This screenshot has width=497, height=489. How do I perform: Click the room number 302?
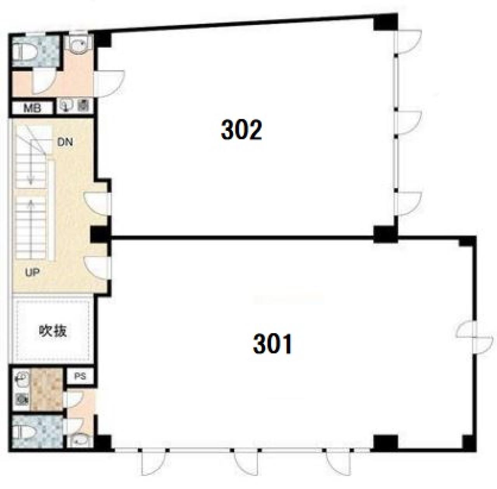pyautogui.click(x=241, y=130)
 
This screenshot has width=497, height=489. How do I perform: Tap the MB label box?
pyautogui.click(x=32, y=108)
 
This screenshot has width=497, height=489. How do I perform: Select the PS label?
pyautogui.click(x=80, y=376)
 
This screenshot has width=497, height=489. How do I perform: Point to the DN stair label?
pyautogui.click(x=65, y=142)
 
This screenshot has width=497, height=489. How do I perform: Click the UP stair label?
pyautogui.click(x=32, y=272)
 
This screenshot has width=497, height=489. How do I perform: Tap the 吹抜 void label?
pyautogui.click(x=53, y=331)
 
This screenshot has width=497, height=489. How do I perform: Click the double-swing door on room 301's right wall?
pyautogui.click(x=474, y=338)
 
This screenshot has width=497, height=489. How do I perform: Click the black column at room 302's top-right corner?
pyautogui.click(x=386, y=22)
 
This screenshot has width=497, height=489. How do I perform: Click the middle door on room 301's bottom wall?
pyautogui.click(x=246, y=463)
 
